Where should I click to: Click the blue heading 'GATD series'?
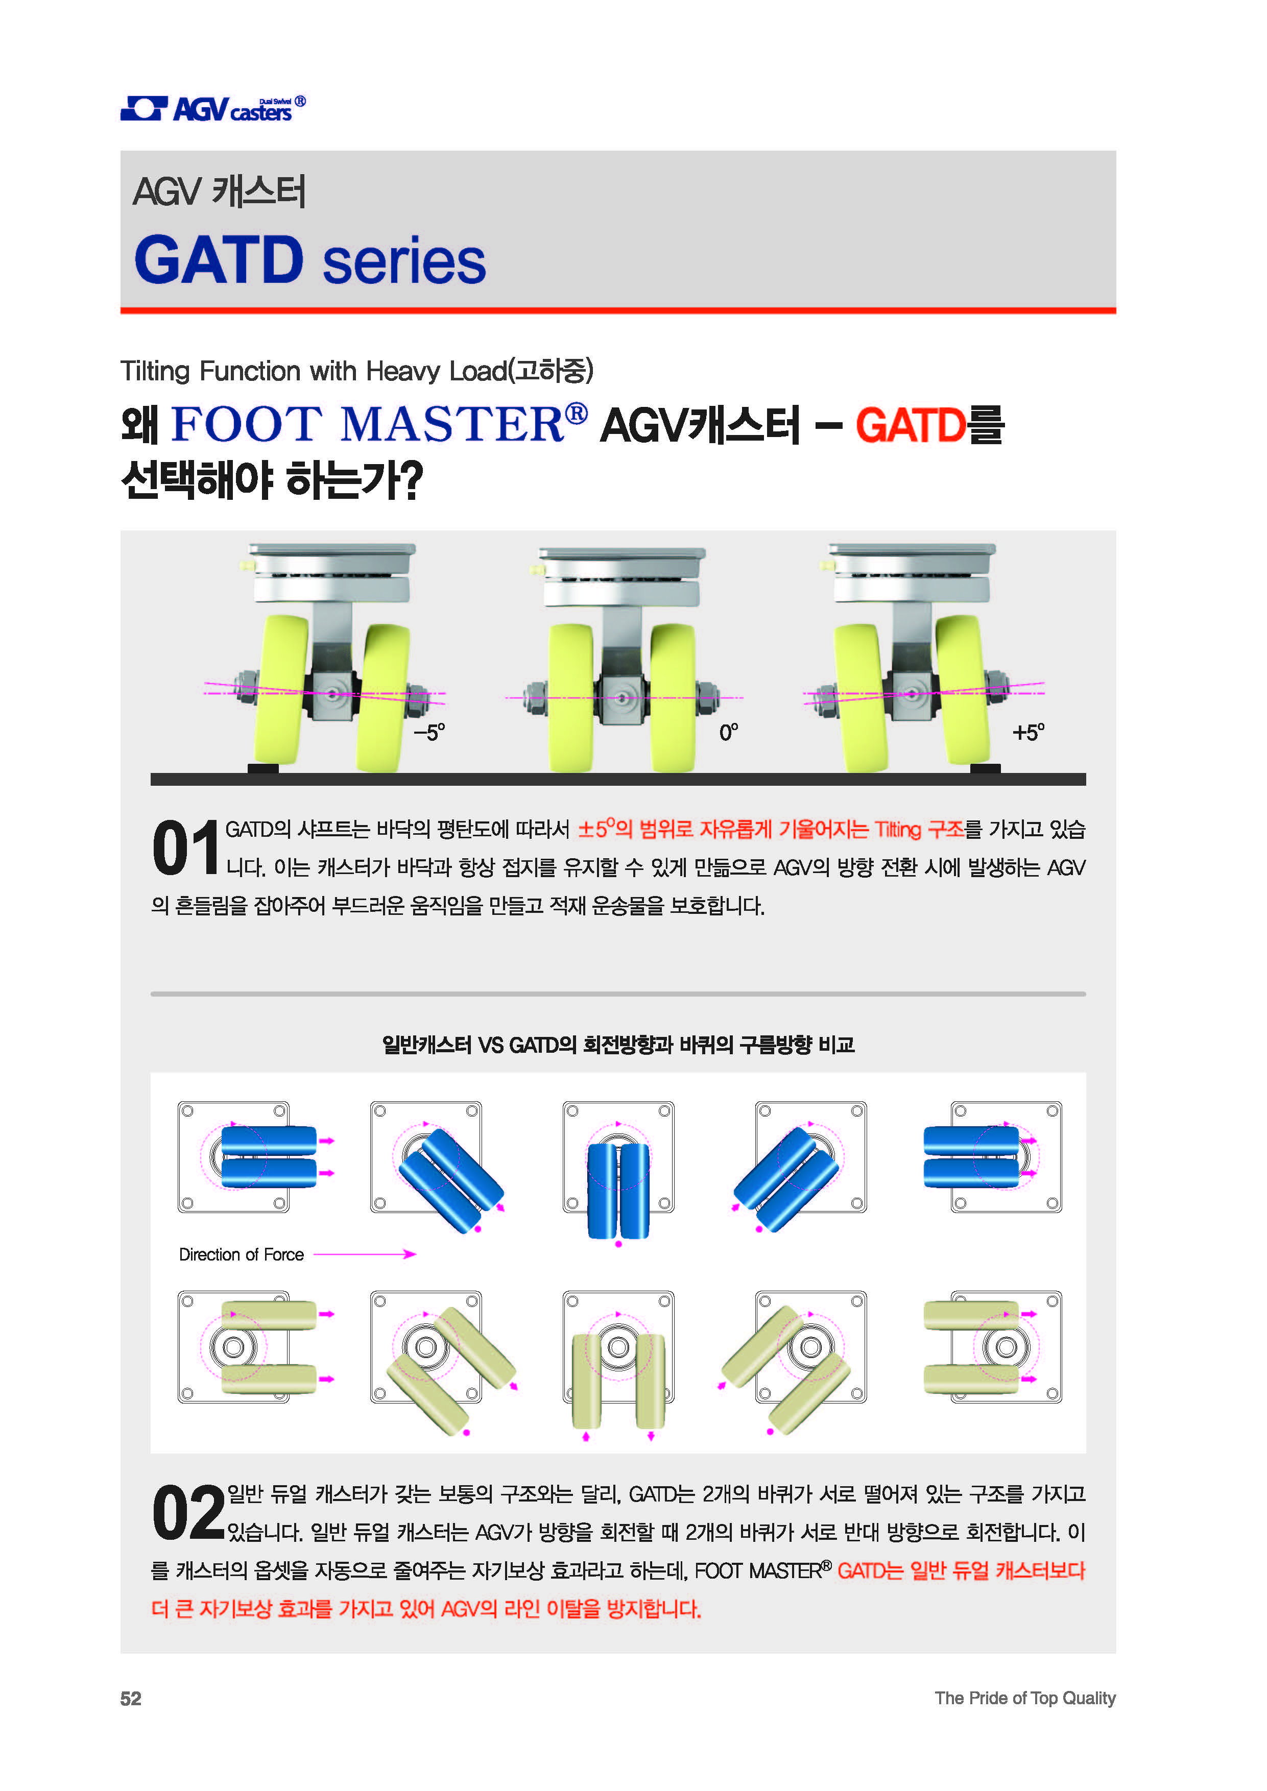[x=310, y=260]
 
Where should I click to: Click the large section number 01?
[x=186, y=848]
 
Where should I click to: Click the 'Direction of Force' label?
[x=241, y=1254]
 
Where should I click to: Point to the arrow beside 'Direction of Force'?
[x=364, y=1254]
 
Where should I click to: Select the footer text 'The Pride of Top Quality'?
[x=1025, y=1698]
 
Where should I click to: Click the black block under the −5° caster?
[x=263, y=768]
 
